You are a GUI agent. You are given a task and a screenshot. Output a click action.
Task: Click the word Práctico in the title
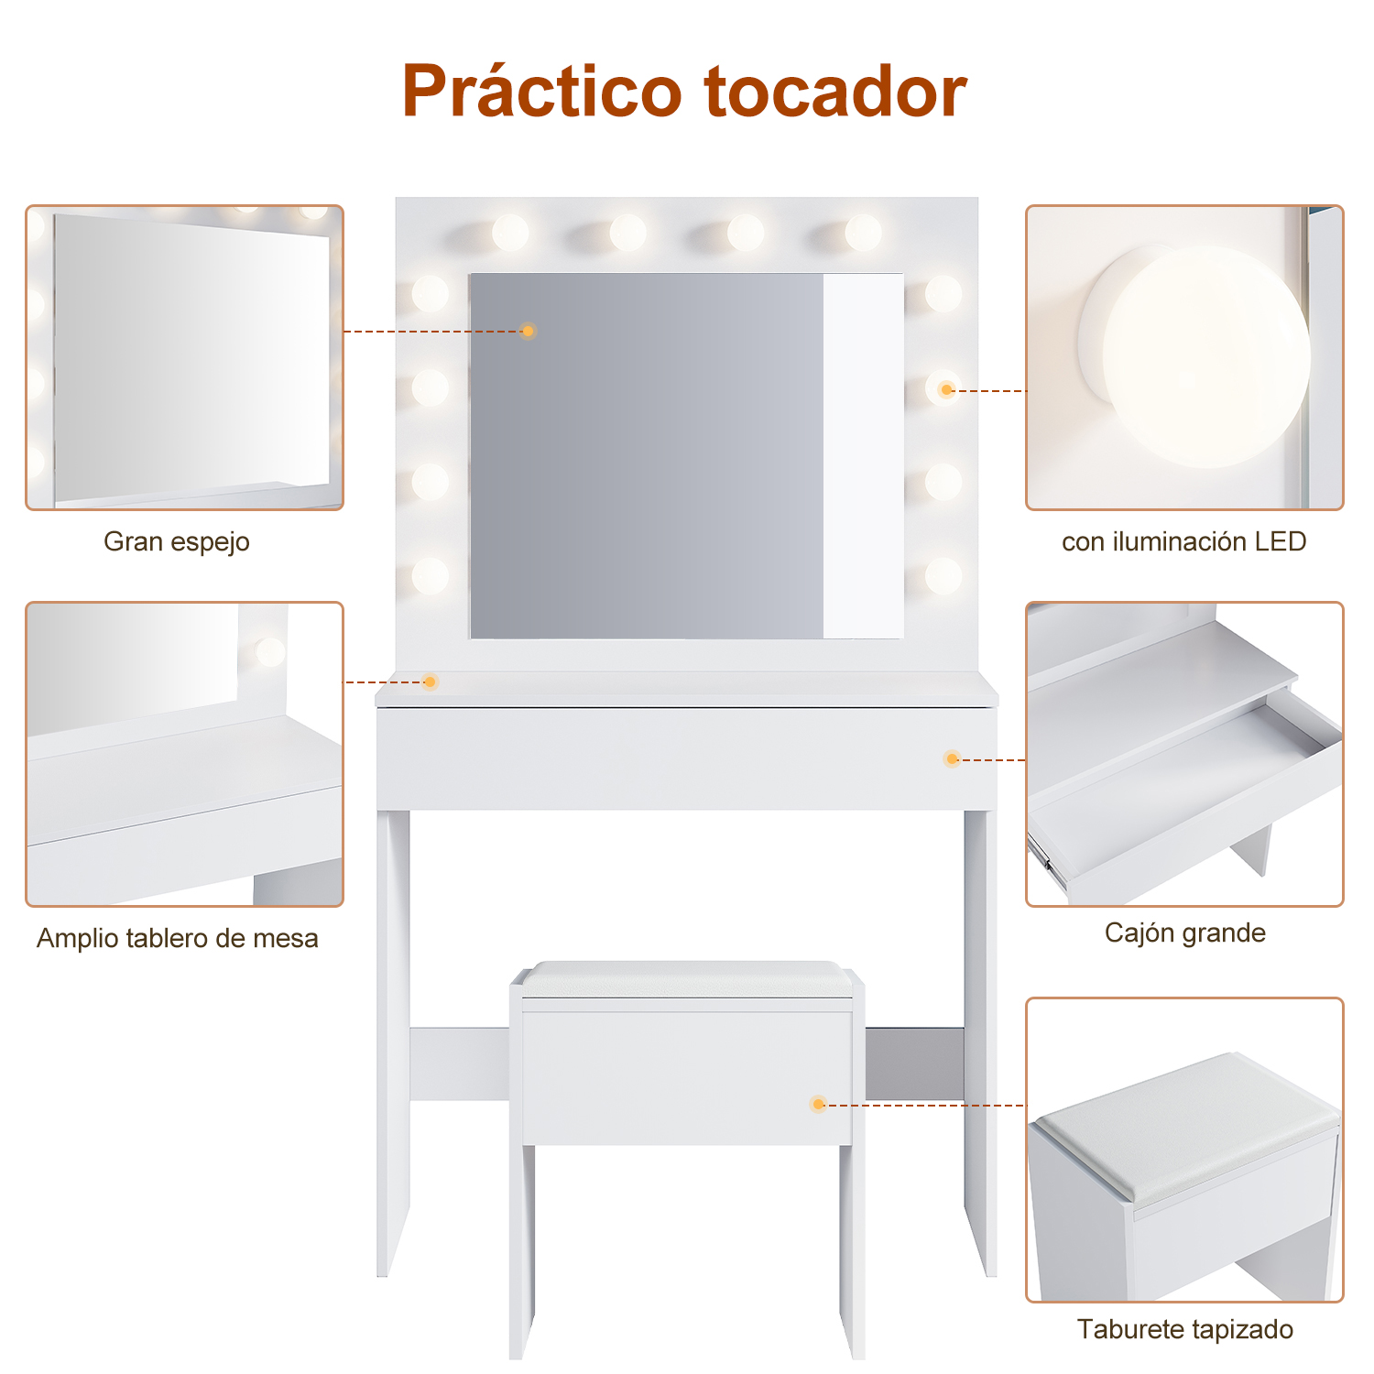coord(542,92)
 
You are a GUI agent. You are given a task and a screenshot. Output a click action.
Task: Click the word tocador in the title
coord(835,92)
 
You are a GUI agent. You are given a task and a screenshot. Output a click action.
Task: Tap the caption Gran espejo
coord(177,542)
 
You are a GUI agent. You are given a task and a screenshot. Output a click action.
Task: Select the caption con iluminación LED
coord(1183,541)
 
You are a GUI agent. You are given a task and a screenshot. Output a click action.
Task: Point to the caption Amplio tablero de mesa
coord(178,938)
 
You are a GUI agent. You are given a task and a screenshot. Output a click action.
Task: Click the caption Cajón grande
coord(1184,932)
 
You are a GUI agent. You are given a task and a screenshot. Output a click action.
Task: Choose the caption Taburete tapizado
coord(1184,1329)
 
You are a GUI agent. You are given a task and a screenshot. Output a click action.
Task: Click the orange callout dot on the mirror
coord(528,331)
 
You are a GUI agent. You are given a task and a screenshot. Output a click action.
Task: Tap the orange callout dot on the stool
coord(818,1105)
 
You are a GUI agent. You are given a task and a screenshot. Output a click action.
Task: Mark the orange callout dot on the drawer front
coord(952,759)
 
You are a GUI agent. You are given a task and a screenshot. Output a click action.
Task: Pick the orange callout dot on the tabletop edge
coord(430,682)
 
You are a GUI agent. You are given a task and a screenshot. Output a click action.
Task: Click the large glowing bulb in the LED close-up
coord(1205,357)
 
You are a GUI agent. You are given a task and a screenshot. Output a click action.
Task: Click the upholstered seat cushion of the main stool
coord(688,979)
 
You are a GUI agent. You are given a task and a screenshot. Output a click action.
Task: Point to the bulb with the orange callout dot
coord(943,388)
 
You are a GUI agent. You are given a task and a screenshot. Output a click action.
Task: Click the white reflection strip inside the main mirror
coord(863,455)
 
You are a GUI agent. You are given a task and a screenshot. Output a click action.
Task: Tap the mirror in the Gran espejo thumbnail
coord(191,357)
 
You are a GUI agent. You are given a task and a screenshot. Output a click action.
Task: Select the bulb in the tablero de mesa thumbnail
coord(270,652)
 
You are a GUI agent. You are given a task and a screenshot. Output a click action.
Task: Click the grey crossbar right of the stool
coord(914,1063)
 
